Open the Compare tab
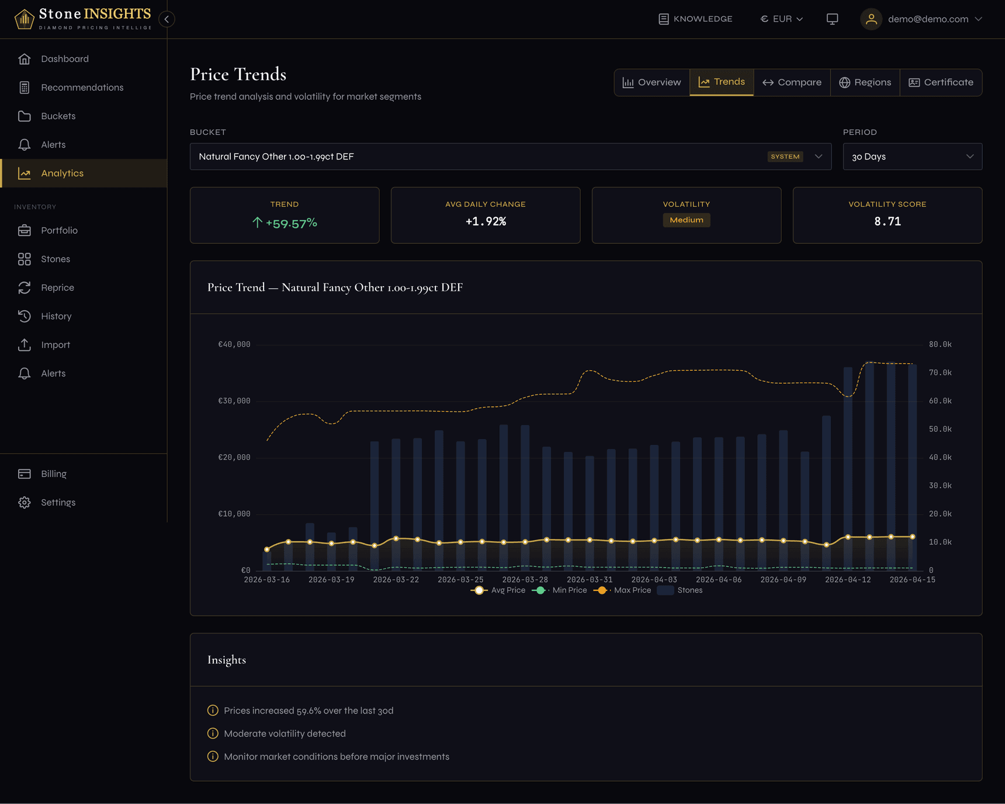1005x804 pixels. [x=792, y=82]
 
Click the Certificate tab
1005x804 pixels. [x=941, y=82]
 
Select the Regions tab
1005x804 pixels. [x=865, y=82]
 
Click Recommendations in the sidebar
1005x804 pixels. [x=82, y=88]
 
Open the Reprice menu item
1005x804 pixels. [x=57, y=288]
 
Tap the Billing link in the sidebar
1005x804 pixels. [x=54, y=474]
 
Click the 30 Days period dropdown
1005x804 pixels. [x=912, y=156]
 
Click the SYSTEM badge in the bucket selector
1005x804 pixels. [x=785, y=156]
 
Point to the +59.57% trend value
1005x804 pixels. [x=291, y=223]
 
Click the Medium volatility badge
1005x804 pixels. [x=686, y=220]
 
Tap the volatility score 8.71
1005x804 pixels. [x=887, y=221]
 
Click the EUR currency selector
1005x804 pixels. [x=781, y=19]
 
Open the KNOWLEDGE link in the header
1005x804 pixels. [x=695, y=19]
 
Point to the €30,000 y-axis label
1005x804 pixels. [x=234, y=401]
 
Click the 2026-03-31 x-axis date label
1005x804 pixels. [x=589, y=580]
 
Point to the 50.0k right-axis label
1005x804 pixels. [x=940, y=429]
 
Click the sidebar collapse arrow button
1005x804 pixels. [x=167, y=19]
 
